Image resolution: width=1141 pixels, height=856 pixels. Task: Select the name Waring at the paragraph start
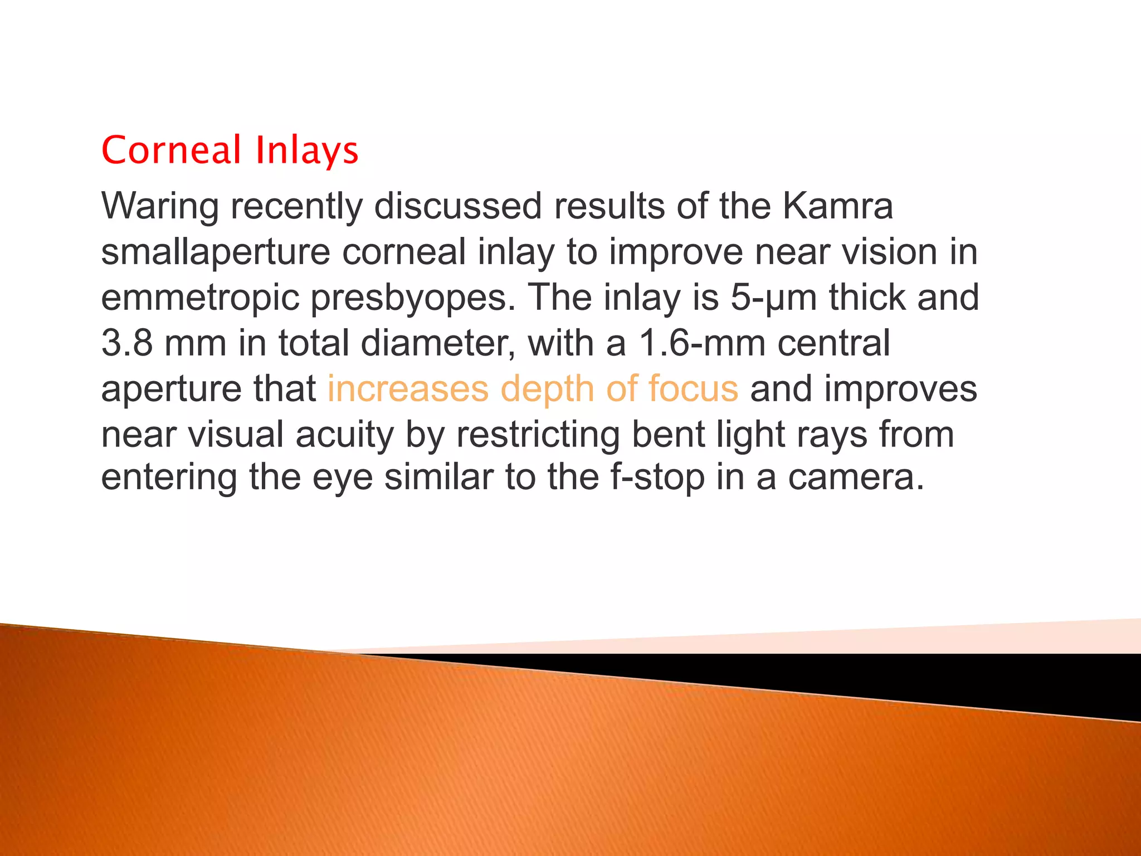point(160,206)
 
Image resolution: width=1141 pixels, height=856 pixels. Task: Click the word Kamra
point(837,206)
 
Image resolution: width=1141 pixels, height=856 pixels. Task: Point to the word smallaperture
point(216,252)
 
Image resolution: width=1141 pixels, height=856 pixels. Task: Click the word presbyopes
point(413,298)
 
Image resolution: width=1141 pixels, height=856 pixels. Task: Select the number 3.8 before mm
point(127,343)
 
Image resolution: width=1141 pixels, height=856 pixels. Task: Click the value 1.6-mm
point(701,343)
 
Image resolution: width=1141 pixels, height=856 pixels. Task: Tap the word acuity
point(345,435)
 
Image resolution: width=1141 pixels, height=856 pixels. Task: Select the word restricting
point(538,434)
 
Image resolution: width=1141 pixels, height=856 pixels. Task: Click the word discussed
point(458,206)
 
